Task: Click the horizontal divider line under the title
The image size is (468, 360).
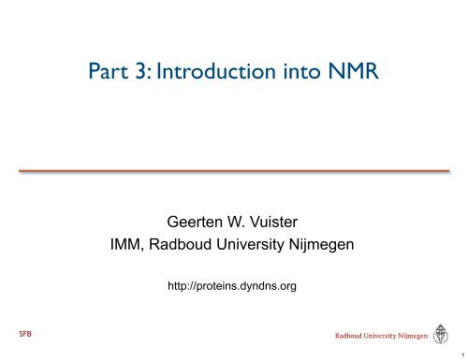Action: coord(234,171)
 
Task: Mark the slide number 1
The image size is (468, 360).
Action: coord(461,354)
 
